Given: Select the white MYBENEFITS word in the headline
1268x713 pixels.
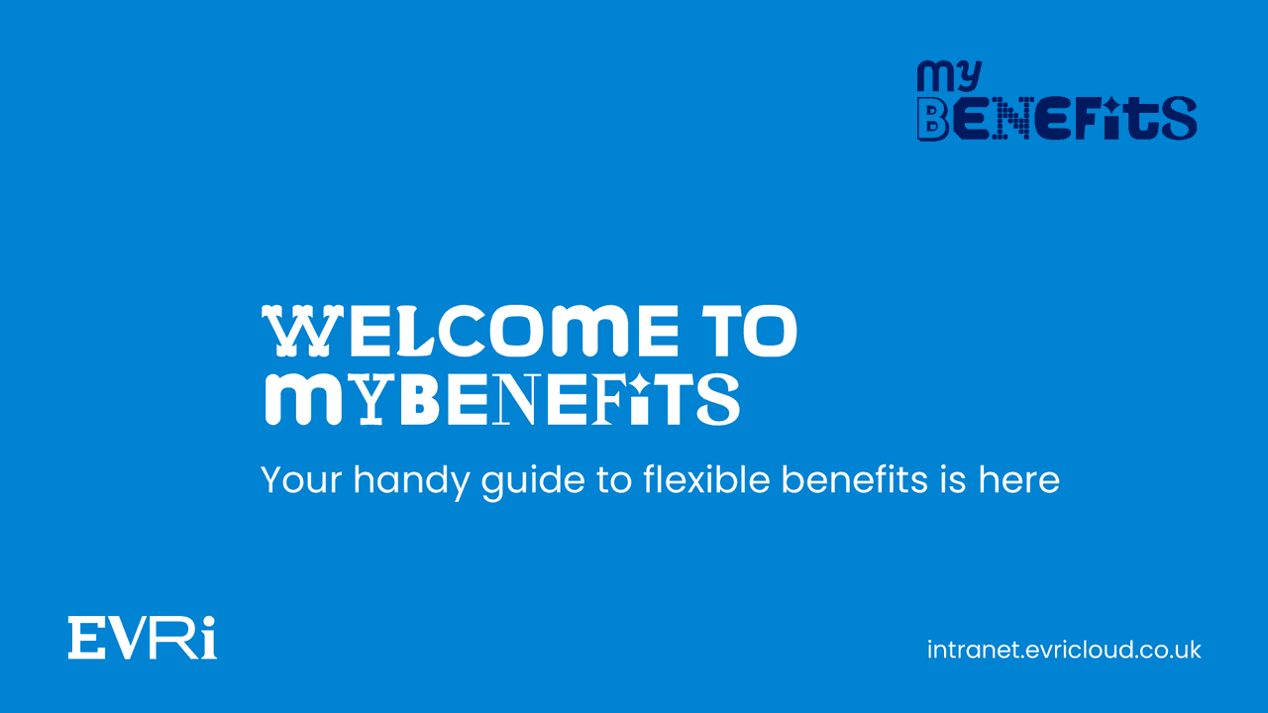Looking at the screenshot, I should [501, 398].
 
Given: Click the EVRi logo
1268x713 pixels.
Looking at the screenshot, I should [143, 637].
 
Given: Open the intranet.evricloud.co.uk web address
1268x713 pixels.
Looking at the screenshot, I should [1064, 651].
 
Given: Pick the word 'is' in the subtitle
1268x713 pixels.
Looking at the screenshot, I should [949, 480].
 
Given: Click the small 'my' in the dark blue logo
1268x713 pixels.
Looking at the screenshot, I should [948, 77].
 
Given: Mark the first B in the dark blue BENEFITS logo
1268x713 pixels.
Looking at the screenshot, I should [933, 119].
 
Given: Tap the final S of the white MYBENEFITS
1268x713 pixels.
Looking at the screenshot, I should [717, 399].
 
